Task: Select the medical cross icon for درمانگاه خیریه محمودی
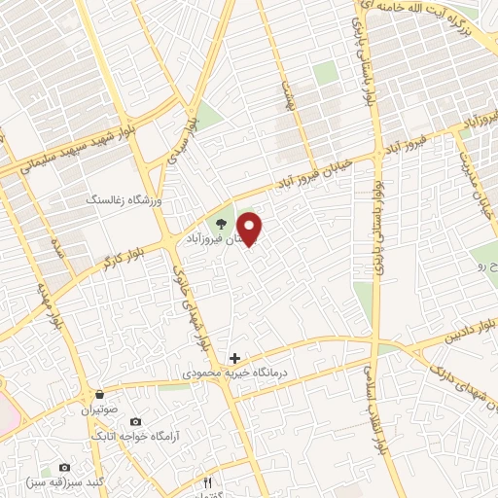click(233, 358)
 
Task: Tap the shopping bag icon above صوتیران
click(100, 395)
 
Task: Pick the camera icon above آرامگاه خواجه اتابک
click(135, 421)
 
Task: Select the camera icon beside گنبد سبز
click(65, 468)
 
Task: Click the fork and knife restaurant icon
click(207, 482)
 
